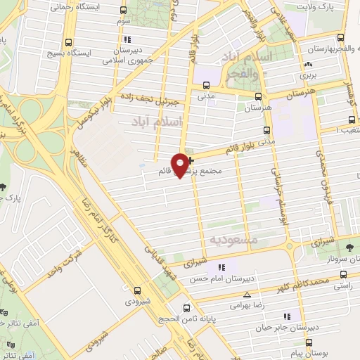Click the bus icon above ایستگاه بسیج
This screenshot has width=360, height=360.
point(68,42)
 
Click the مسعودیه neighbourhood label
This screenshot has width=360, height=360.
point(233,240)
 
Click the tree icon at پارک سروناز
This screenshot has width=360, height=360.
point(350,247)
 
